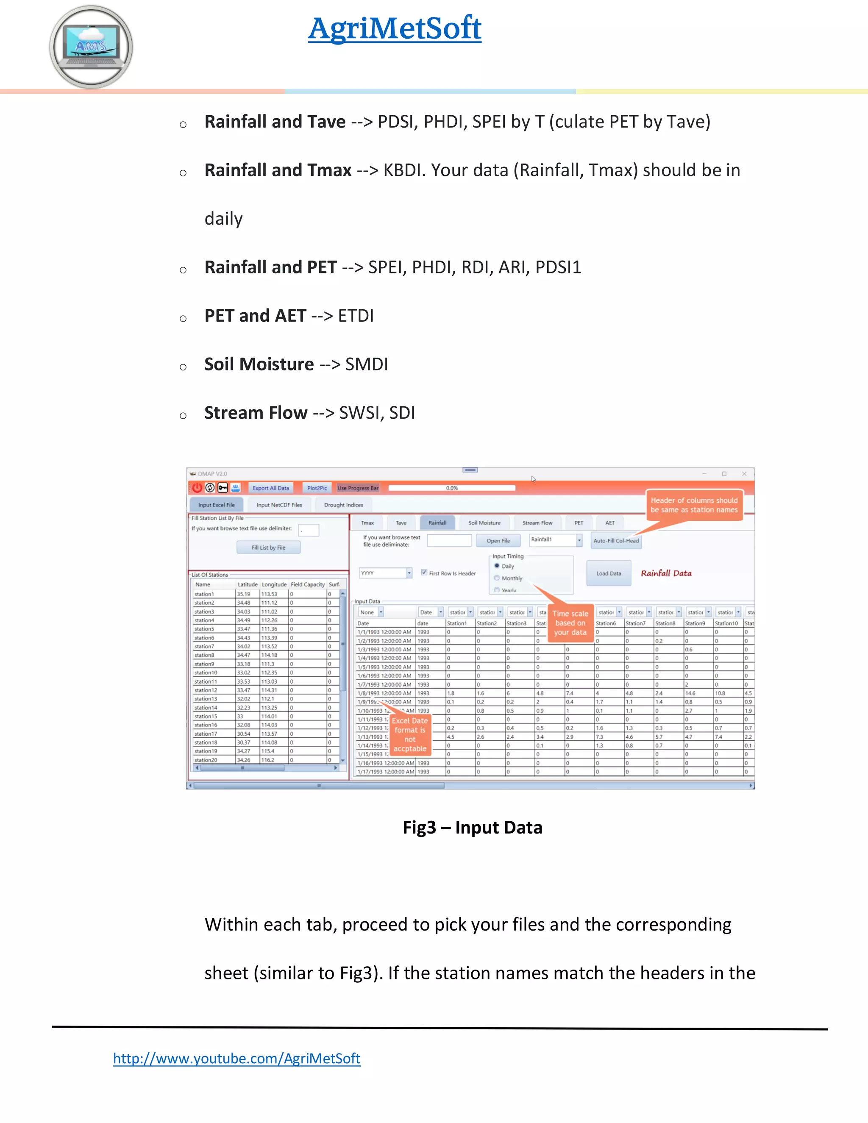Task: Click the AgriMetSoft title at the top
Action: pyautogui.click(x=395, y=28)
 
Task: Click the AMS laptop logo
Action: pyautogui.click(x=91, y=47)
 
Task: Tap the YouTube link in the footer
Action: pyautogui.click(x=236, y=1058)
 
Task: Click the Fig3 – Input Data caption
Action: pyautogui.click(x=472, y=827)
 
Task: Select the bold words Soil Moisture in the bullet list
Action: pyautogui.click(x=259, y=364)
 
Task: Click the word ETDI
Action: pyautogui.click(x=356, y=316)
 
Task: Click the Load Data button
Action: pyautogui.click(x=608, y=573)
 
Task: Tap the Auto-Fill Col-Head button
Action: pyautogui.click(x=615, y=540)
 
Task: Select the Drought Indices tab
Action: pyautogui.click(x=343, y=505)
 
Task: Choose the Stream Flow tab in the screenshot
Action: pyautogui.click(x=537, y=523)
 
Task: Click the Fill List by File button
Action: pyautogui.click(x=268, y=548)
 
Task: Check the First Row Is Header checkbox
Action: pyautogui.click(x=424, y=572)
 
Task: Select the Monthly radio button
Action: pyautogui.click(x=497, y=578)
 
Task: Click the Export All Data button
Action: pyautogui.click(x=270, y=488)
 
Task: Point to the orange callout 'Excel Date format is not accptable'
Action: pyautogui.click(x=410, y=735)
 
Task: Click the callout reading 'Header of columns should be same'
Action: pyautogui.click(x=694, y=505)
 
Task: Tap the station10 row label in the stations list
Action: pyautogui.click(x=206, y=673)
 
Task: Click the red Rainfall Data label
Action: pyautogui.click(x=666, y=573)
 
